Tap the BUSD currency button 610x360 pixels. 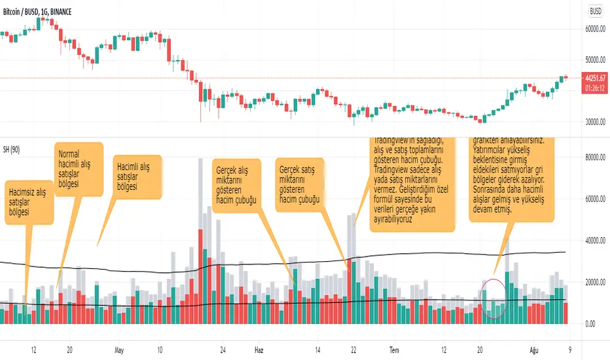595,11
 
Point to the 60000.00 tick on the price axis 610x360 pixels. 595,29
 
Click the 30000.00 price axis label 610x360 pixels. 595,122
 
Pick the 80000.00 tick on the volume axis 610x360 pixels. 595,157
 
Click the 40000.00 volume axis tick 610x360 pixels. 595,240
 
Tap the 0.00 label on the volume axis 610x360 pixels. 590,324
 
